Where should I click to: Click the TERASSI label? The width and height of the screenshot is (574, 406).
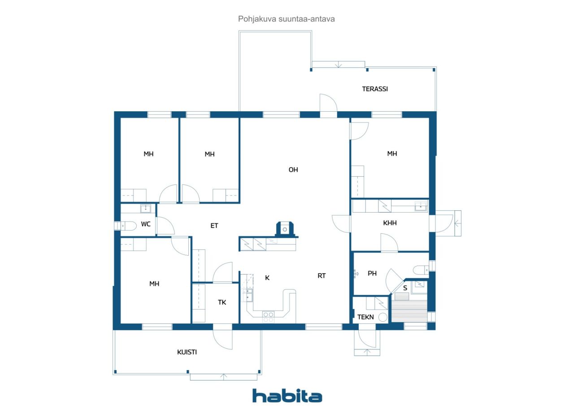[x=374, y=89]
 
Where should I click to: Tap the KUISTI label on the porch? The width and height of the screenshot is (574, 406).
[x=187, y=352]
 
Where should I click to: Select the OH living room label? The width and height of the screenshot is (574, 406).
[x=293, y=170]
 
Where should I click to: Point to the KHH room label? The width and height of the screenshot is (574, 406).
[x=390, y=223]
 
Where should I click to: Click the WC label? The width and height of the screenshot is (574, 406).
[x=146, y=224]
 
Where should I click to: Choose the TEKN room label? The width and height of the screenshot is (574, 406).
[x=365, y=317]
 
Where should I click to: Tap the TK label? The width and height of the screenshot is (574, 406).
[x=222, y=302]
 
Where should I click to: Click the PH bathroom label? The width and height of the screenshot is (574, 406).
[x=372, y=274]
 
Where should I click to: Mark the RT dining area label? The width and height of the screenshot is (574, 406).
[x=322, y=276]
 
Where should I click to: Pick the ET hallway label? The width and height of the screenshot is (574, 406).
[x=214, y=226]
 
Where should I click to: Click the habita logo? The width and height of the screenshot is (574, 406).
[x=287, y=396]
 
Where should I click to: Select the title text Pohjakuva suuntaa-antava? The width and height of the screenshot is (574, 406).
[x=286, y=19]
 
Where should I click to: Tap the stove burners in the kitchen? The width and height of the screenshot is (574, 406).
[x=268, y=317]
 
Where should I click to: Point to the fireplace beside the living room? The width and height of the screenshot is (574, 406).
[x=285, y=229]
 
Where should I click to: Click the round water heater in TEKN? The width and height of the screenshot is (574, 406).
[x=383, y=317]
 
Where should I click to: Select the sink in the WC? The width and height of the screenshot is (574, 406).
[x=146, y=208]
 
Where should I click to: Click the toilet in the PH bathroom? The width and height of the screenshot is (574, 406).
[x=421, y=270]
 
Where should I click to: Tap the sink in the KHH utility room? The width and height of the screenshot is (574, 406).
[x=421, y=206]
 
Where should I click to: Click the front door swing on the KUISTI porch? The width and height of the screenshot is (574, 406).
[x=222, y=340]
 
